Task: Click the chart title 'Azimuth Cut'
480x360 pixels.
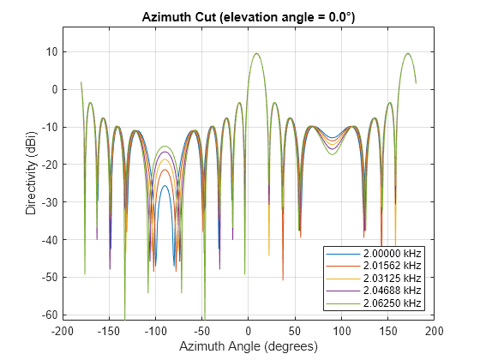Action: [x=179, y=17]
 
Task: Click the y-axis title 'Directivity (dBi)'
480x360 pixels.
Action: [x=31, y=173]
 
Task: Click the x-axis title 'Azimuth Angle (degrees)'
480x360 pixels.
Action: [x=249, y=346]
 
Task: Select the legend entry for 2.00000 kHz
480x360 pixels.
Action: [x=374, y=254]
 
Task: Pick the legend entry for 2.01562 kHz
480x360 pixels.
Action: [x=374, y=266]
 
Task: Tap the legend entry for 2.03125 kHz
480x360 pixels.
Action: [x=374, y=279]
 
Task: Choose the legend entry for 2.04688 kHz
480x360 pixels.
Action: [x=374, y=291]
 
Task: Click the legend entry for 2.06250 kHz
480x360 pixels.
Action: [x=374, y=303]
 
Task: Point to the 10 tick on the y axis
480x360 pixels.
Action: [x=52, y=52]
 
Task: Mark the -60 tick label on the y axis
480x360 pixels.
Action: [x=50, y=315]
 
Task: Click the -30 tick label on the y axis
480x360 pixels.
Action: [x=50, y=202]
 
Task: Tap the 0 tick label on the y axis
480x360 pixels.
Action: [x=55, y=90]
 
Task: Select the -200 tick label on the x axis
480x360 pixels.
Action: [x=62, y=331]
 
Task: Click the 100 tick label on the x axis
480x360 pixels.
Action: [x=342, y=331]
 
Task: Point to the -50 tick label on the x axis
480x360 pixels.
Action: [x=202, y=331]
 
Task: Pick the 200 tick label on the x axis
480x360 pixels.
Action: [x=435, y=331]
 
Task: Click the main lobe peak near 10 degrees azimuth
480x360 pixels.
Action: [x=257, y=53]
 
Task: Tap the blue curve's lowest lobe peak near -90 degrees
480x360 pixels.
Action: [x=165, y=185]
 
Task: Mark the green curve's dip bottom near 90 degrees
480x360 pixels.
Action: [x=333, y=154]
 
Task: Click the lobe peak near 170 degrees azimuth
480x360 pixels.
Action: [x=408, y=53]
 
